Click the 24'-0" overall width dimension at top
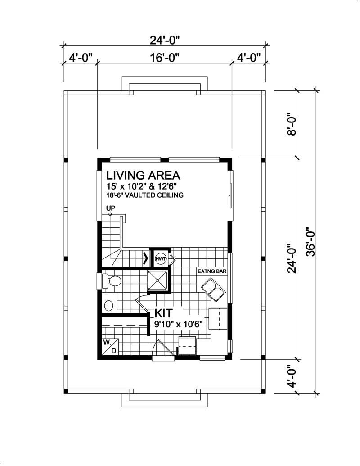(x=164, y=40)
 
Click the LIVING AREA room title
(x=143, y=175)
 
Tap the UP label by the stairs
(x=110, y=208)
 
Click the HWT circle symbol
(x=161, y=259)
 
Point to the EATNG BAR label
(x=212, y=272)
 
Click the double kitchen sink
(x=213, y=290)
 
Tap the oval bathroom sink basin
(x=109, y=306)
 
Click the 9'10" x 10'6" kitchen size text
(x=177, y=323)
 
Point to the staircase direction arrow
(x=145, y=259)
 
